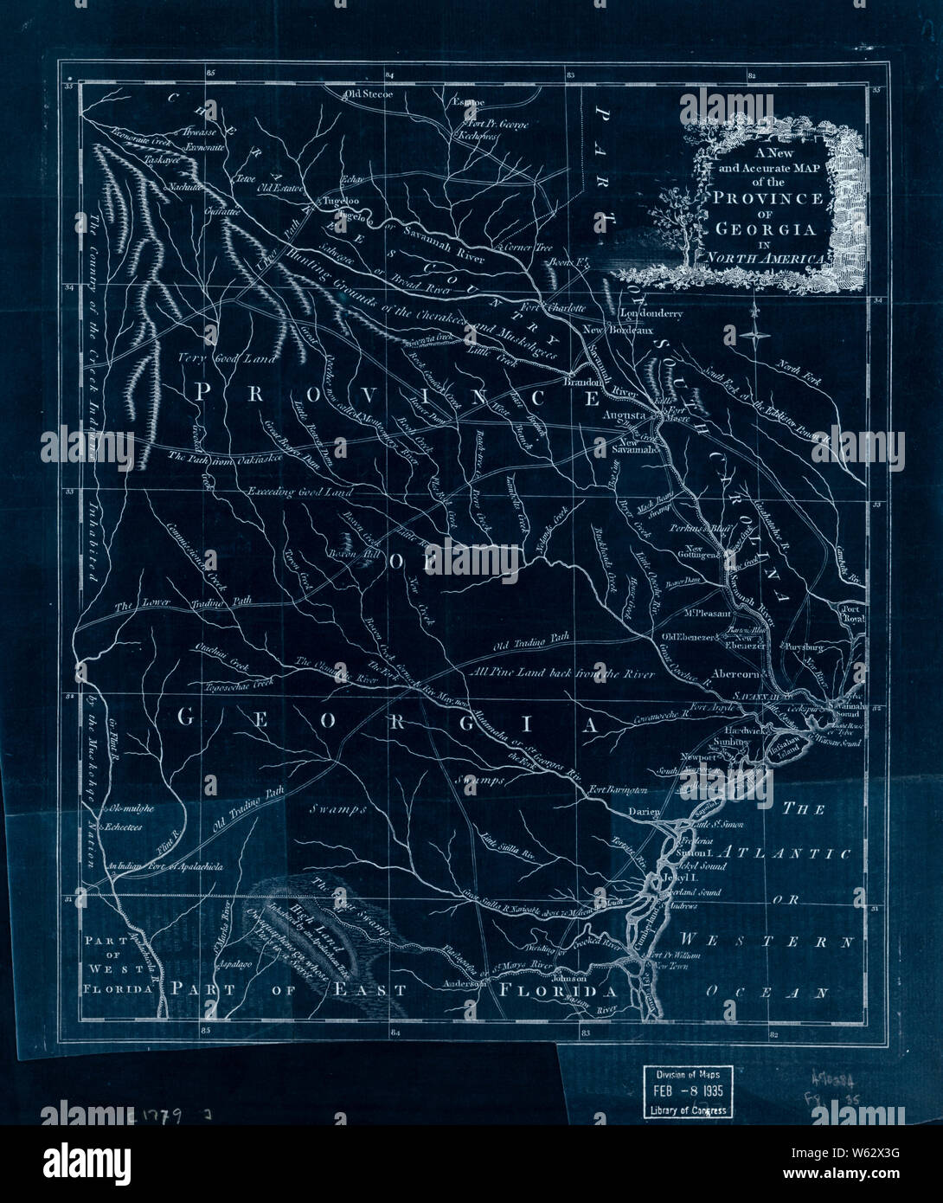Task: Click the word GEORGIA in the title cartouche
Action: tap(764, 229)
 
